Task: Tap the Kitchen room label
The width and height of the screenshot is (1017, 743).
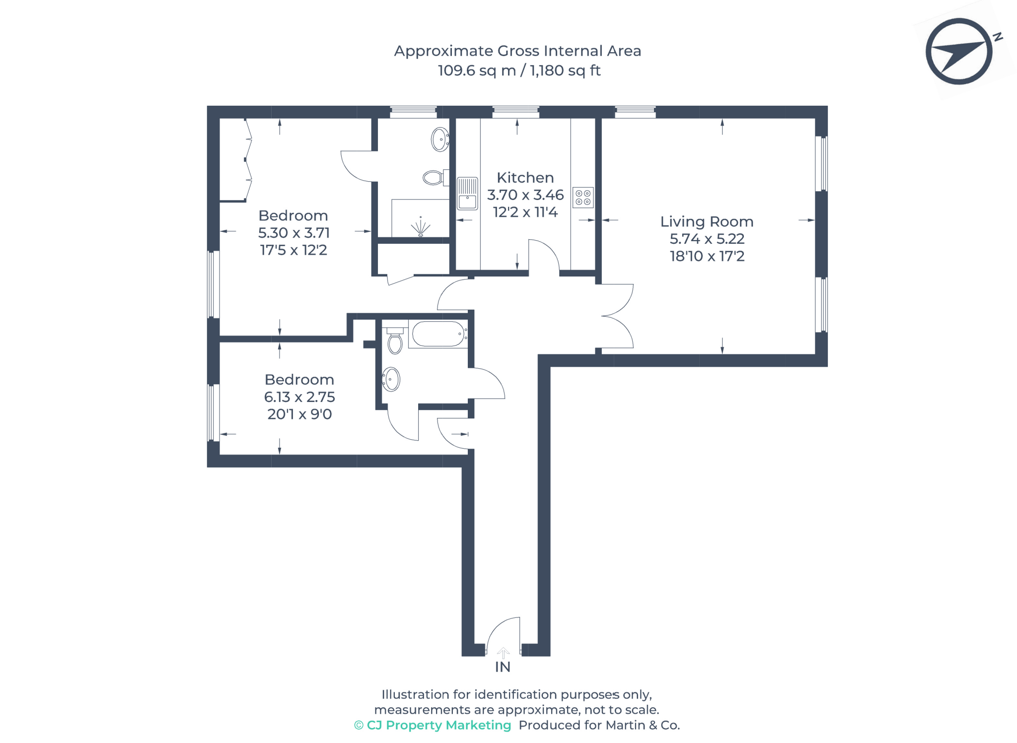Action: pyautogui.click(x=525, y=178)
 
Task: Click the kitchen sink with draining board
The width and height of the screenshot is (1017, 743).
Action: pyautogui.click(x=467, y=194)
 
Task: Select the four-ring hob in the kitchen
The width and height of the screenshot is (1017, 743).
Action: pyautogui.click(x=582, y=197)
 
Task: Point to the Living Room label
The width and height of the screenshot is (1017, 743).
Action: pyautogui.click(x=706, y=221)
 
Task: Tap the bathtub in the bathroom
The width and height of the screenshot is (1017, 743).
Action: pyautogui.click(x=437, y=334)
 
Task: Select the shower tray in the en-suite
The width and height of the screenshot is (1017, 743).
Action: pyautogui.click(x=420, y=218)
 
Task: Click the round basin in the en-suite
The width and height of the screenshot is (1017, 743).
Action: pyautogui.click(x=439, y=139)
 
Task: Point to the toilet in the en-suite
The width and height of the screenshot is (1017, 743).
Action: pyautogui.click(x=434, y=178)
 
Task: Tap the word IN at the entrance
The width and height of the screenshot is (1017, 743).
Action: pyautogui.click(x=503, y=667)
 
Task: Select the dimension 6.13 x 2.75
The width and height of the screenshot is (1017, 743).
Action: pyautogui.click(x=299, y=397)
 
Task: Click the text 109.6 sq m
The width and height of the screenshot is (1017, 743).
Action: pyautogui.click(x=477, y=70)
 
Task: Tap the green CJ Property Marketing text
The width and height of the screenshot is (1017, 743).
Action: pyautogui.click(x=433, y=725)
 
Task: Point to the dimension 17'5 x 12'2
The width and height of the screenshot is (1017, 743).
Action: pyautogui.click(x=293, y=250)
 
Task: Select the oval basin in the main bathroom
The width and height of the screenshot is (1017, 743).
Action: pyautogui.click(x=391, y=380)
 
